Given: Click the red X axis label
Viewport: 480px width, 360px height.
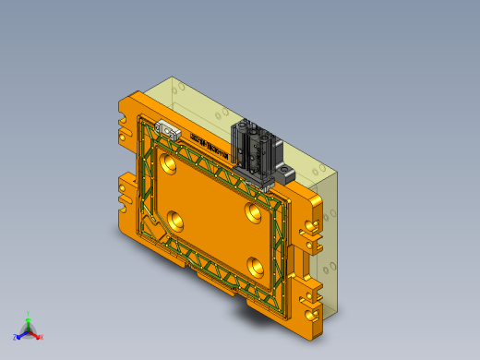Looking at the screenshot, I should tap(41, 337).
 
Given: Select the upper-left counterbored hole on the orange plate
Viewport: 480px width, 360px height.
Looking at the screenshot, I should tap(167, 165).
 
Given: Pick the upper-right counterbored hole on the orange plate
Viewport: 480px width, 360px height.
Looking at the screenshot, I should tap(252, 211).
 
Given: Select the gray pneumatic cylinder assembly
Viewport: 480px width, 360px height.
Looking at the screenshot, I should tap(252, 149).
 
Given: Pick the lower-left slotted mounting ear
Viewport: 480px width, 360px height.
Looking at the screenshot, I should tap(124, 190).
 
